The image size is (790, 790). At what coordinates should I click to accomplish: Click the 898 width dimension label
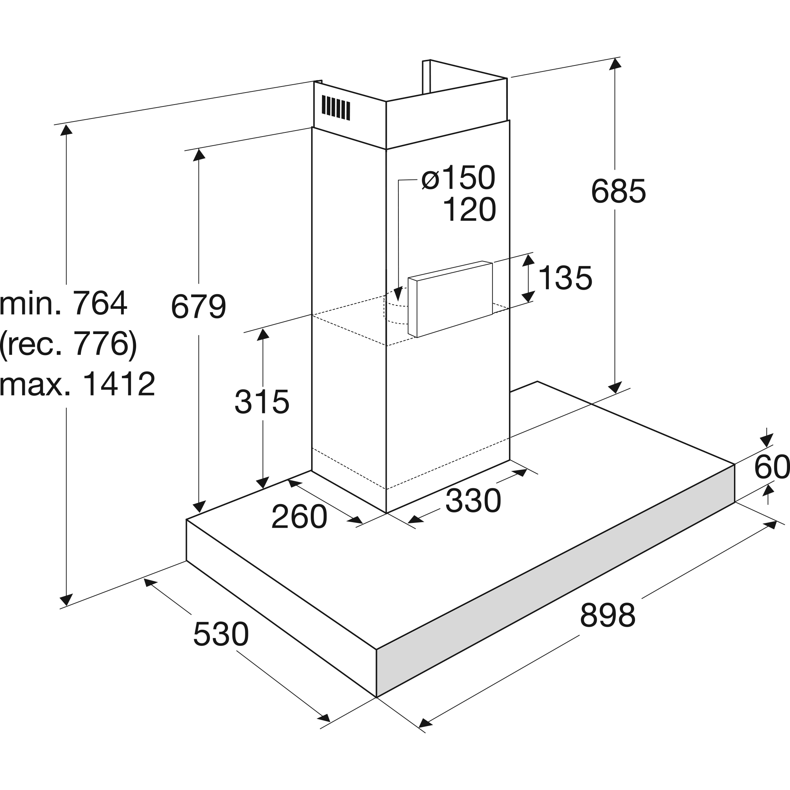607,615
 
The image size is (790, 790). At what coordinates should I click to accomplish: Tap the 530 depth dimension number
221,634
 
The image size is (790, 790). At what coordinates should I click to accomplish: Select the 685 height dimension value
618,191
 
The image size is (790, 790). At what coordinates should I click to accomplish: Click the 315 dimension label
262,402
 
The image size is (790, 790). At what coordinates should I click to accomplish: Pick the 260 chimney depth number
299,517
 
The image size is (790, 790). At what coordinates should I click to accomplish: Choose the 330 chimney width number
473,500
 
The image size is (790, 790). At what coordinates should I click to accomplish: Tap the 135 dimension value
565,278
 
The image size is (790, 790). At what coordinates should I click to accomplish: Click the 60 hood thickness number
771,467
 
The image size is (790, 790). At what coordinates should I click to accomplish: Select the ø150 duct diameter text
458,178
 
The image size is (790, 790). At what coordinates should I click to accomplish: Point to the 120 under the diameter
469,210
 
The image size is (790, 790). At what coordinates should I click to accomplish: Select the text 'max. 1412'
77,384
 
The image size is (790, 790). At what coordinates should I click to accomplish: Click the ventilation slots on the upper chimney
336,108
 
